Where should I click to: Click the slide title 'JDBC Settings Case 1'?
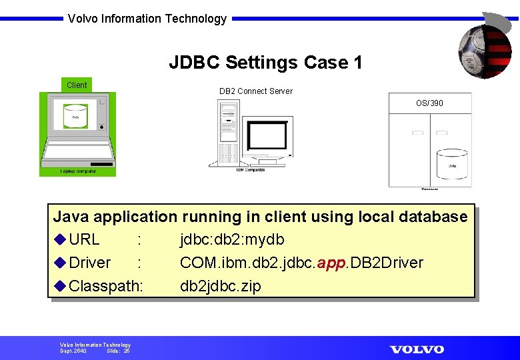[x=265, y=63]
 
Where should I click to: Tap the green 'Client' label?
[x=77, y=85]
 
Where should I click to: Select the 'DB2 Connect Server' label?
[x=256, y=91]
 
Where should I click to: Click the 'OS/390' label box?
[x=429, y=103]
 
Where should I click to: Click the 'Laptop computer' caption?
[x=78, y=171]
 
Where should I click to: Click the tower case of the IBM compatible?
[x=227, y=132]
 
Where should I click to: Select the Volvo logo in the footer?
[x=417, y=349]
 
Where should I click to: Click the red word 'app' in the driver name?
[x=331, y=263]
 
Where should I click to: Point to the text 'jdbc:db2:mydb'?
[x=232, y=239]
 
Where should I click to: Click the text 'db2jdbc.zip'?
[x=221, y=286]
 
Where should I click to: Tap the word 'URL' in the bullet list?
[x=84, y=239]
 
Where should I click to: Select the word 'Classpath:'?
[x=106, y=286]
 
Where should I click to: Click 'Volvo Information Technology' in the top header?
[x=147, y=19]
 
